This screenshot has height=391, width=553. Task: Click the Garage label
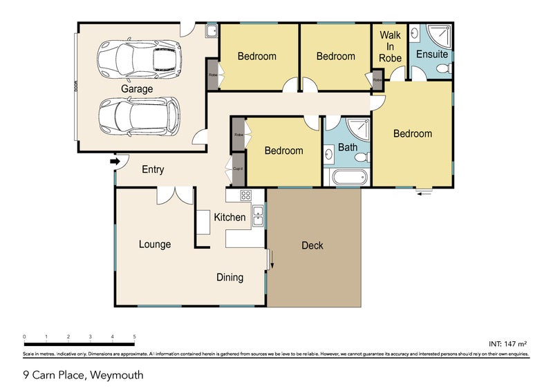point(137,89)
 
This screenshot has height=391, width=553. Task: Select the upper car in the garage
point(139,58)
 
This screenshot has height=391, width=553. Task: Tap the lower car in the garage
point(139,115)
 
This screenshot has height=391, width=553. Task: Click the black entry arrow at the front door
point(115,162)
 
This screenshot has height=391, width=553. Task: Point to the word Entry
point(153,169)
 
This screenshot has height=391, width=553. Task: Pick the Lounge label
point(154,244)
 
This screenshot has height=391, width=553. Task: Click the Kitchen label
point(229,217)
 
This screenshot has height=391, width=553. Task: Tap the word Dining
point(230,278)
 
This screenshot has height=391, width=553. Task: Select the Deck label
point(312,245)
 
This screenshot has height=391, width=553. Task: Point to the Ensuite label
point(433,55)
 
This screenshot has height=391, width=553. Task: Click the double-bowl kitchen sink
point(258,216)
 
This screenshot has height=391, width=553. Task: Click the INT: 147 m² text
point(508,343)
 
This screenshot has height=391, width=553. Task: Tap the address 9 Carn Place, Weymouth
point(84,375)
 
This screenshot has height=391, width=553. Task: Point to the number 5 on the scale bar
point(134,336)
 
